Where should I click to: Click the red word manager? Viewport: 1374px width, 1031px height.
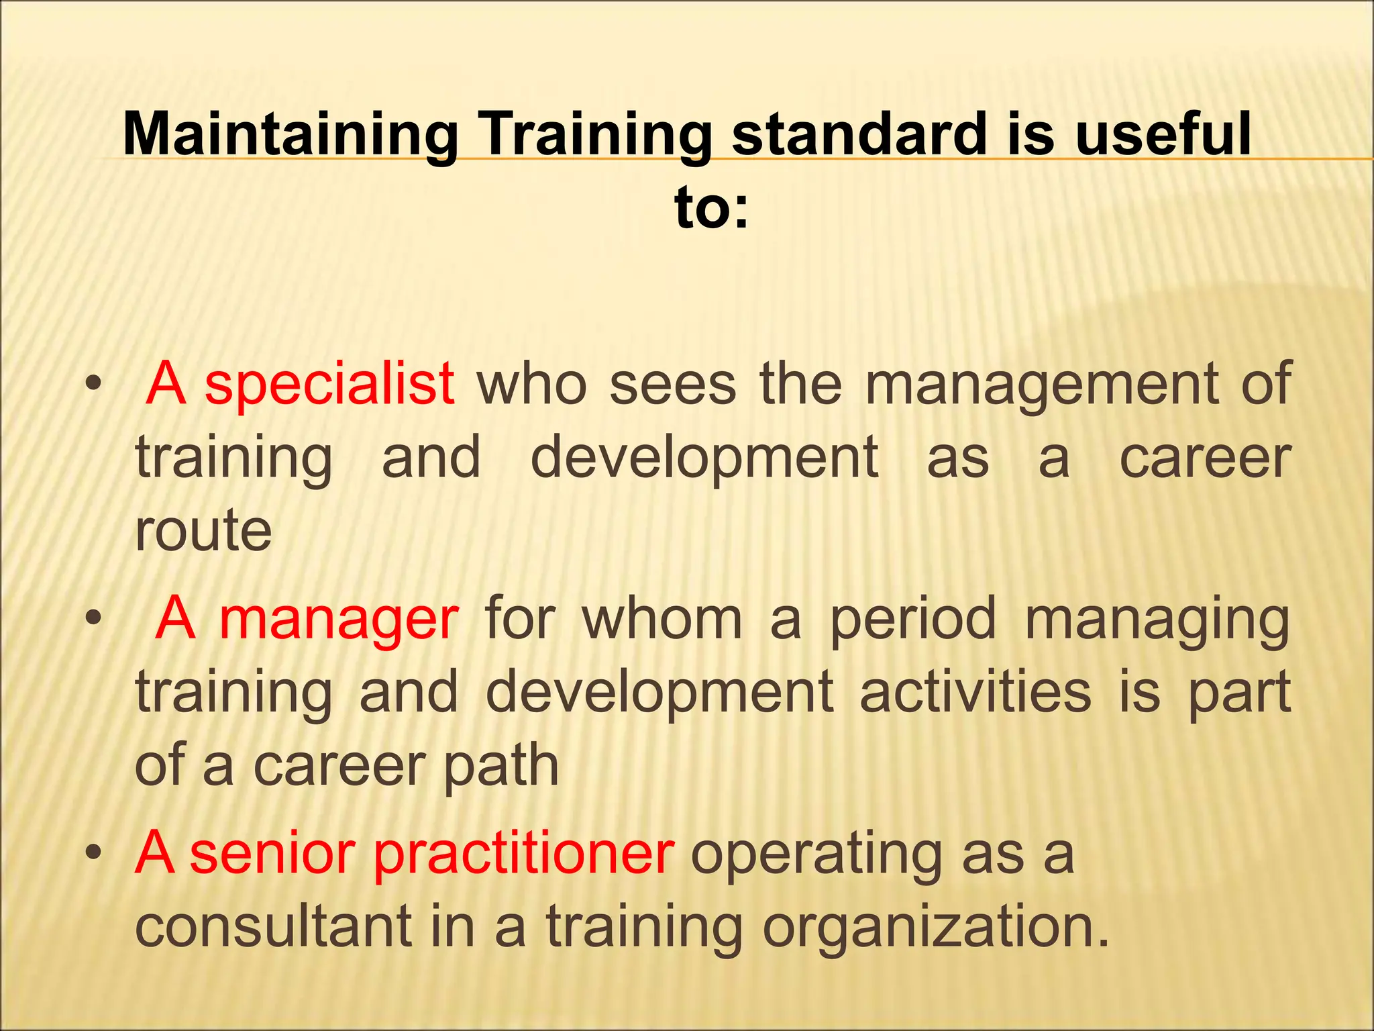click(339, 619)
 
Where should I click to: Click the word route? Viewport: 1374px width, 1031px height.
click(203, 530)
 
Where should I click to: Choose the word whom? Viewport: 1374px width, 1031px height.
click(662, 619)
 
